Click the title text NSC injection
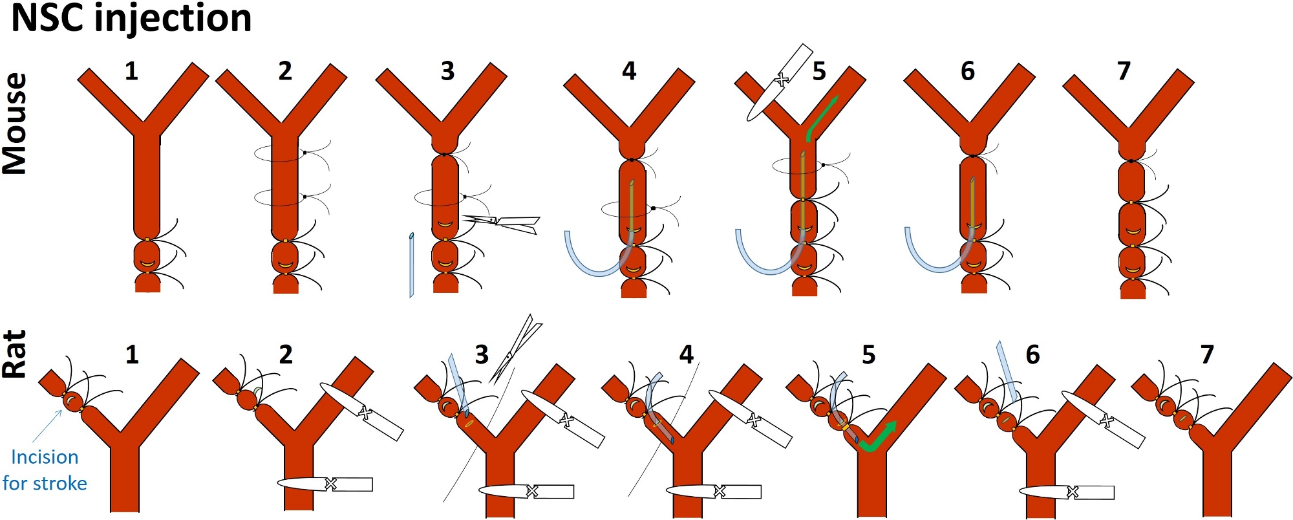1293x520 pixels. click(x=131, y=18)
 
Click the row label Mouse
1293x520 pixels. click(x=16, y=124)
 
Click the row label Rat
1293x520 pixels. click(x=16, y=354)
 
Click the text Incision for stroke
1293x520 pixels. click(x=45, y=470)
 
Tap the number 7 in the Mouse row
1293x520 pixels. click(x=1124, y=70)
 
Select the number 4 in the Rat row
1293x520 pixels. click(x=686, y=354)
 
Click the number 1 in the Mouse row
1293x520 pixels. click(x=131, y=70)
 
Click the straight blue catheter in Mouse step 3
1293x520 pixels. click(x=411, y=265)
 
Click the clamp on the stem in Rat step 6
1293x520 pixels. click(x=1067, y=492)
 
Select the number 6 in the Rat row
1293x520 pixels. click(x=1032, y=354)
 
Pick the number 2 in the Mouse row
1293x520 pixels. click(x=285, y=70)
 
